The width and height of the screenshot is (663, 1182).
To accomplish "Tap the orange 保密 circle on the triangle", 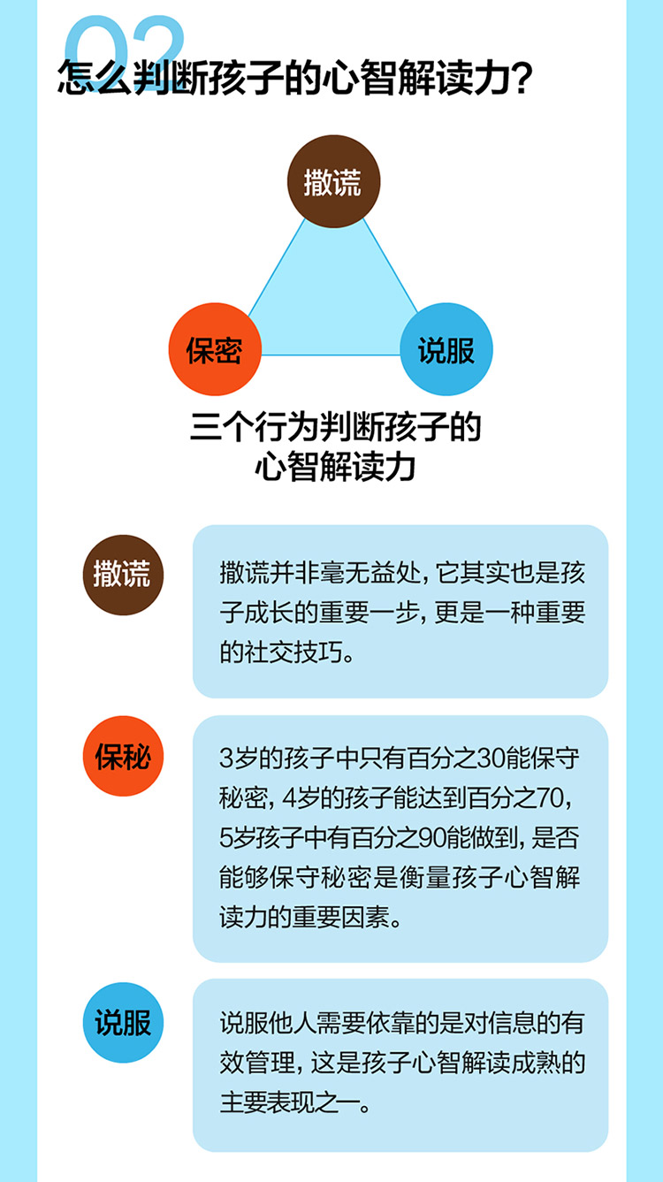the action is click(214, 349).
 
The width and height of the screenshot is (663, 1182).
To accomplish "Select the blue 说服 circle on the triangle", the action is click(446, 349).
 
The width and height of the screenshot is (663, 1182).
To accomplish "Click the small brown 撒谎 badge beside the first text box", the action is click(123, 575).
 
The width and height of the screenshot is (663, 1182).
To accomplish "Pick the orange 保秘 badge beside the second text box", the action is click(123, 757).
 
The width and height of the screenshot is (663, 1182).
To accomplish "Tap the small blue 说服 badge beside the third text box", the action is click(123, 1022).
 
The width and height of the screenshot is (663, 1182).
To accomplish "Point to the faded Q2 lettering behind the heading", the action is click(125, 40).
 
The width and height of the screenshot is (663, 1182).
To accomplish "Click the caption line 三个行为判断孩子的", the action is click(335, 427).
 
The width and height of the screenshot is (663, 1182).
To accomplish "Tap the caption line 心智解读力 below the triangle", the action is click(335, 466).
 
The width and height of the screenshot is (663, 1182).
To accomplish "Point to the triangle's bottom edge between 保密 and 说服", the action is click(331, 355).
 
